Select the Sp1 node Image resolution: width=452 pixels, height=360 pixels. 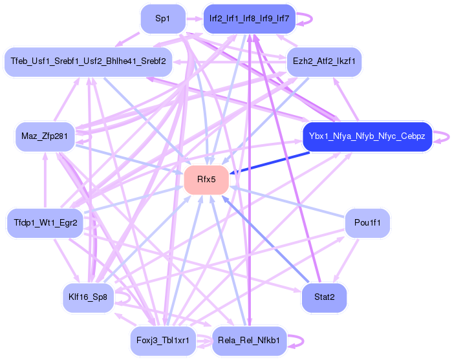coord(163,19)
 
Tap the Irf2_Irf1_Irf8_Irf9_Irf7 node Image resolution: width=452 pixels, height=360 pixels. coord(249,19)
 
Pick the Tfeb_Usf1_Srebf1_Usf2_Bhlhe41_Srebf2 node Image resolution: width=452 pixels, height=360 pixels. coord(88,62)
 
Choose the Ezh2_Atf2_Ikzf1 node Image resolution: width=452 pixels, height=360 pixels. coord(323,62)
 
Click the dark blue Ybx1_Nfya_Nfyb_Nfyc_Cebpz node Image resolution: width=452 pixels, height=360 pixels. coord(366,137)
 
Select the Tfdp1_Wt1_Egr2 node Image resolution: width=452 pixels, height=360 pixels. coord(45,224)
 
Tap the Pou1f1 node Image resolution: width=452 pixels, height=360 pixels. coord(367,224)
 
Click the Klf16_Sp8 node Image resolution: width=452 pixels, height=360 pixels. coord(87,298)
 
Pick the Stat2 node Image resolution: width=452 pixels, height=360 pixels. coord(323,298)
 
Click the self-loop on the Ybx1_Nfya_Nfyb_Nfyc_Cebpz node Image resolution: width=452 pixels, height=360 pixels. coord(442,137)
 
